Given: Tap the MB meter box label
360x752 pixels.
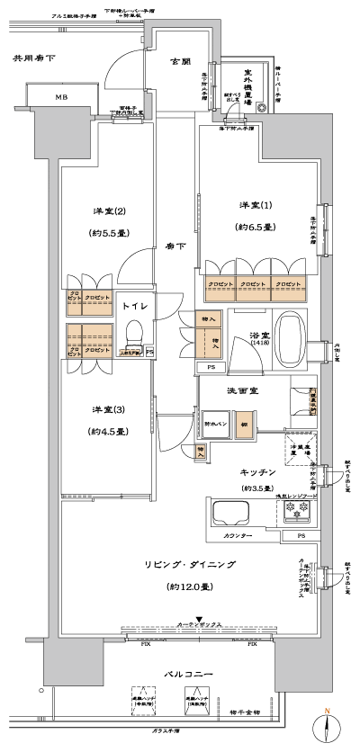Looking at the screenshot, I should pyautogui.click(x=61, y=97).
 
